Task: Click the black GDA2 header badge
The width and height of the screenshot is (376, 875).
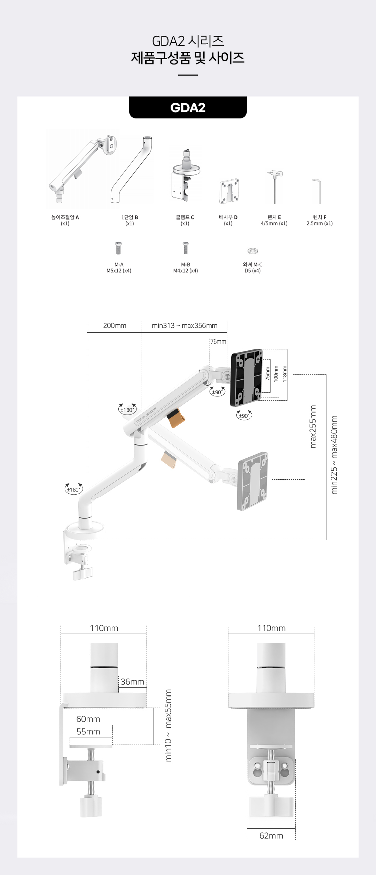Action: tap(188, 108)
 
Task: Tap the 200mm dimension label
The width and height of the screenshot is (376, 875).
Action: tap(115, 326)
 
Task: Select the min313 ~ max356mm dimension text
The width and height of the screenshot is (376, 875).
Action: tap(185, 326)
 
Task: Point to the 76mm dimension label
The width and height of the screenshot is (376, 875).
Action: tap(218, 342)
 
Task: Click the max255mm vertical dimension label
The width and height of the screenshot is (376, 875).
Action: tap(313, 426)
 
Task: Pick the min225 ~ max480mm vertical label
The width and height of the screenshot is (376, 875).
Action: tap(334, 455)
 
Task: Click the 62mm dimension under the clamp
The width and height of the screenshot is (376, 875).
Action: tap(271, 836)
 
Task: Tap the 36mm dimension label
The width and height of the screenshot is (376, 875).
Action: tap(132, 682)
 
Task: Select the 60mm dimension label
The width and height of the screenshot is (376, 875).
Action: tap(88, 719)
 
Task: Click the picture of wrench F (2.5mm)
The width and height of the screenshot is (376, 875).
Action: tap(317, 191)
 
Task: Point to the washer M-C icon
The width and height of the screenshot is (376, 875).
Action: tap(252, 251)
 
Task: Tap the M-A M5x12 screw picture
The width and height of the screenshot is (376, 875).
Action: tap(118, 248)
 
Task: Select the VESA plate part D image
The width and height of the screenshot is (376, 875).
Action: tap(229, 191)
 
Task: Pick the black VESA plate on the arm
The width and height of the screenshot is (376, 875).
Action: tap(246, 377)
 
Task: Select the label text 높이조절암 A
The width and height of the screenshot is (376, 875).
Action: tap(65, 217)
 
